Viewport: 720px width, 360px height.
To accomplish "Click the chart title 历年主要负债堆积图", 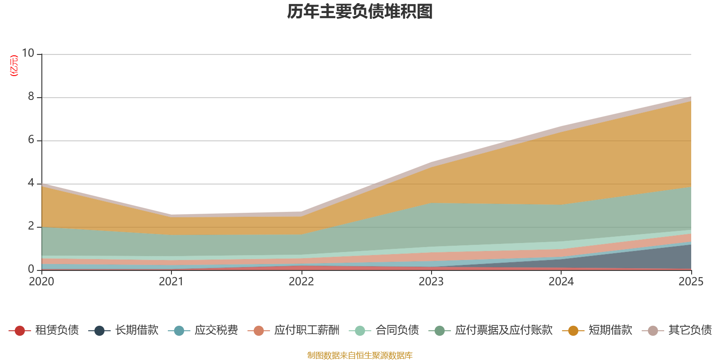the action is tap(360, 12).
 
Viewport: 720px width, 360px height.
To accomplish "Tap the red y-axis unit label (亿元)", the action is tap(14, 66).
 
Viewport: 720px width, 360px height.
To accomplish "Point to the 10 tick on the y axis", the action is tap(28, 53).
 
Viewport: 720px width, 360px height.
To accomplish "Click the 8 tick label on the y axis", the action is tap(31, 96).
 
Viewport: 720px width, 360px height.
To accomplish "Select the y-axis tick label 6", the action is tap(31, 139).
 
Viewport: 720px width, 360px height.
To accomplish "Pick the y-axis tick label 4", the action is tap(31, 183).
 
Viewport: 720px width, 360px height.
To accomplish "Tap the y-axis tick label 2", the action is tap(31, 226).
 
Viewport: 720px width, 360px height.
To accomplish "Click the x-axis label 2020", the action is tap(41, 282).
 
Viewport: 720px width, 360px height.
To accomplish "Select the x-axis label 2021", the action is tap(171, 282).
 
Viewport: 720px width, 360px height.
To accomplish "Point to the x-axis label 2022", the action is tap(301, 282).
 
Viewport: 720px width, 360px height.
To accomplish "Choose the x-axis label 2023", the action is tap(431, 282).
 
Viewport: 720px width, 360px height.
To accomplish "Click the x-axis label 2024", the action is tap(561, 282).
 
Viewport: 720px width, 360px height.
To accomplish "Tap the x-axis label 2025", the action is tap(691, 282).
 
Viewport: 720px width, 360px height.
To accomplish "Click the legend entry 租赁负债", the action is tap(44, 330).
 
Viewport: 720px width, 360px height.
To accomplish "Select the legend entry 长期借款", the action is tap(123, 330).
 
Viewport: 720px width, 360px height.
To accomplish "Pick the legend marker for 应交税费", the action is tap(179, 330).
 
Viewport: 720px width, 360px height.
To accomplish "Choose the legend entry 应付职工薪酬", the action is tap(293, 330).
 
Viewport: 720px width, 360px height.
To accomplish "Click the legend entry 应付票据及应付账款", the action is tap(490, 330).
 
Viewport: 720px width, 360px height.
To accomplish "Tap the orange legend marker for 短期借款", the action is tap(573, 330).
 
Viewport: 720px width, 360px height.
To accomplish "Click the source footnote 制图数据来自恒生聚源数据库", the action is tap(360, 355).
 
